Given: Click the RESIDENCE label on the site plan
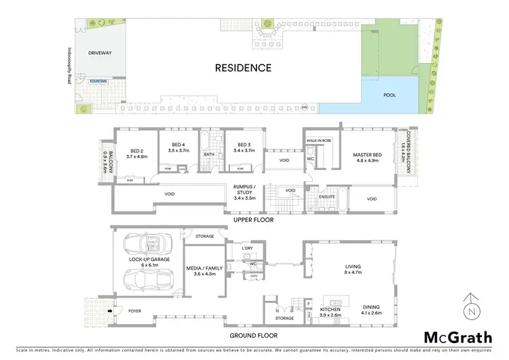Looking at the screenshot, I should (243, 68).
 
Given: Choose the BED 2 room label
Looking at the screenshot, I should (136, 153).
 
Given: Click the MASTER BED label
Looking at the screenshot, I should (367, 158).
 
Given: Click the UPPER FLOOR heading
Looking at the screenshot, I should (252, 221).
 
